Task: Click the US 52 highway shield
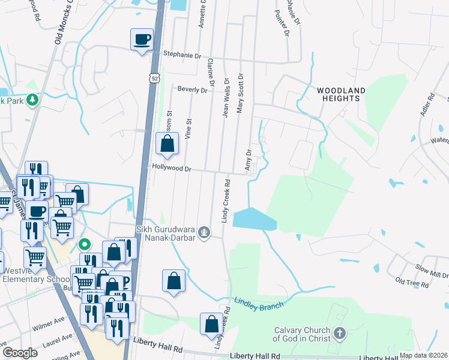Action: pos(155,79)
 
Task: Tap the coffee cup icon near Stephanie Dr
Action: pos(142,40)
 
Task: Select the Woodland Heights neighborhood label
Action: pos(341,94)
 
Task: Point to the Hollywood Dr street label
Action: pos(171,169)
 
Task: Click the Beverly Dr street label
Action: pos(192,90)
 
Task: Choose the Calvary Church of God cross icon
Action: pos(339,333)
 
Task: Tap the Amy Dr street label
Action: pos(247,160)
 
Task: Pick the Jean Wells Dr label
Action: pos(226,97)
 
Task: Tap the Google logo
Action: pos(20,352)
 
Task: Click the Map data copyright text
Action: pos(423,355)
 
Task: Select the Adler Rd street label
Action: pos(427,104)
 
